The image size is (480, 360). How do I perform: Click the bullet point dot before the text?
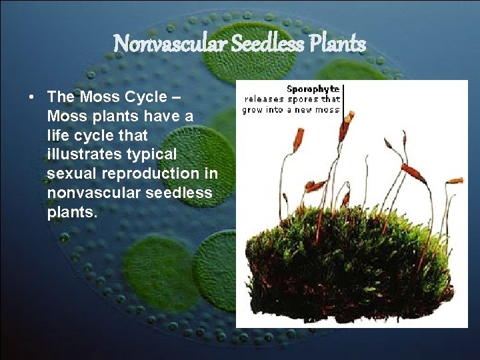tap(32, 97)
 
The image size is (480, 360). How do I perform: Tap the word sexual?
tap(71, 174)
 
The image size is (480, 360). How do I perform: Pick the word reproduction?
tap(153, 174)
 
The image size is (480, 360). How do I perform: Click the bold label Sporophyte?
tap(313, 88)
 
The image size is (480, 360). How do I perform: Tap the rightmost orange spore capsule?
tap(455, 181)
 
